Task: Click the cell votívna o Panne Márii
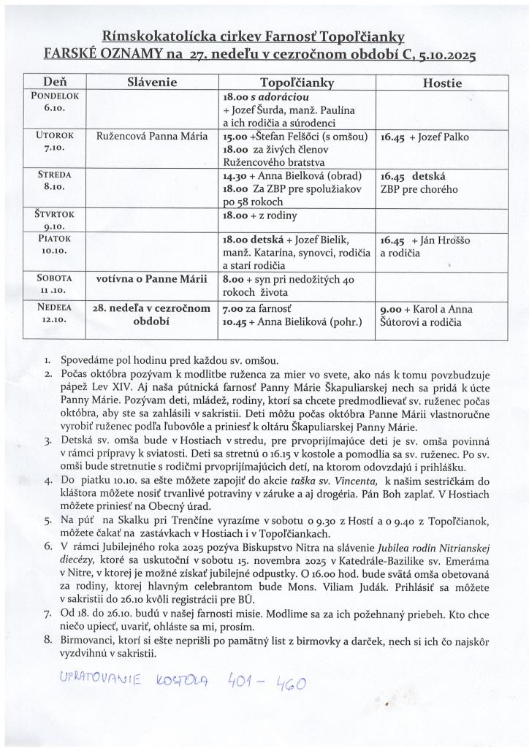point(151,278)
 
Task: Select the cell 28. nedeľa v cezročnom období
point(151,315)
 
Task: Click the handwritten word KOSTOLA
point(183,682)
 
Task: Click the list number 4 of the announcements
point(47,481)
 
